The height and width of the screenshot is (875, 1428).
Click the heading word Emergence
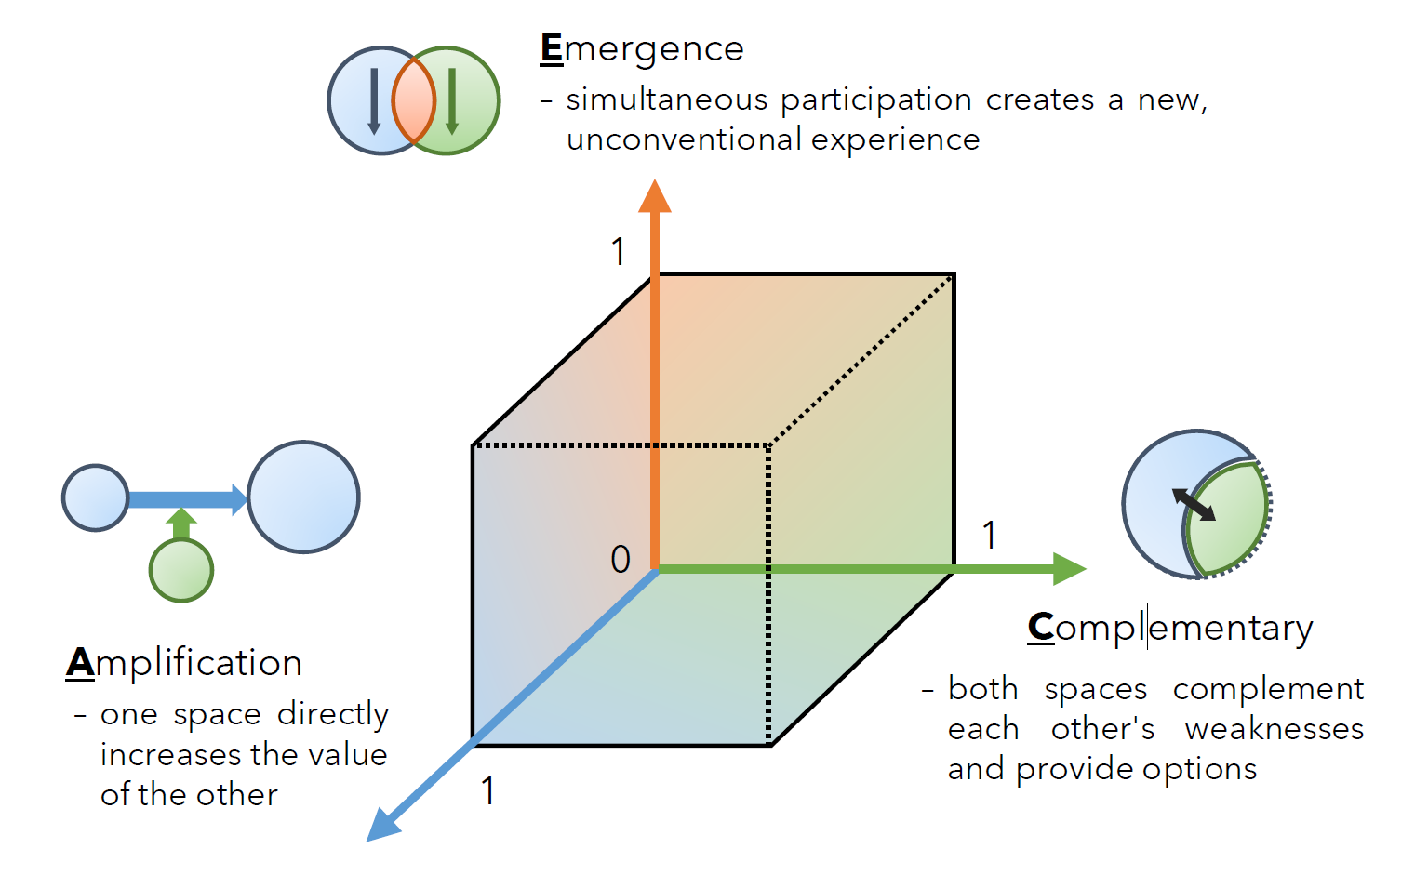(642, 49)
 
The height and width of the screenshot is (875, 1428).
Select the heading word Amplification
(184, 663)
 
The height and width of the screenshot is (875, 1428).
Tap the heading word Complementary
(1170, 629)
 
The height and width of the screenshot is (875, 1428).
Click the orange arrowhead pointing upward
(655, 197)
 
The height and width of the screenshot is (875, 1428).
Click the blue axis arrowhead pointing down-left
(383, 825)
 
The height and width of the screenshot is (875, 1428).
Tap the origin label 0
(621, 560)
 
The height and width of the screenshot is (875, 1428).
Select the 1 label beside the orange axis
(619, 252)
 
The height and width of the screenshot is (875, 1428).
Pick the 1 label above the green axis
(990, 536)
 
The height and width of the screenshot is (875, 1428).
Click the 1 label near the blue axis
(487, 791)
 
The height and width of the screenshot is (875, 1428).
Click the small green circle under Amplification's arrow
(181, 570)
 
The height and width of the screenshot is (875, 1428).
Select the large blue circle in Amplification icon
(303, 497)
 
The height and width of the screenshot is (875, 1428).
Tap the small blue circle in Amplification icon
(95, 498)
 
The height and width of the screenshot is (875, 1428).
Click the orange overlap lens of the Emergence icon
(414, 100)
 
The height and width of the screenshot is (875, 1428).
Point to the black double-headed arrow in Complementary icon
(1194, 505)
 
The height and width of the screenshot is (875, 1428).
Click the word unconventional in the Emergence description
(684, 140)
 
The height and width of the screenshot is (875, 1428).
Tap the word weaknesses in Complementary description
(1274, 730)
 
